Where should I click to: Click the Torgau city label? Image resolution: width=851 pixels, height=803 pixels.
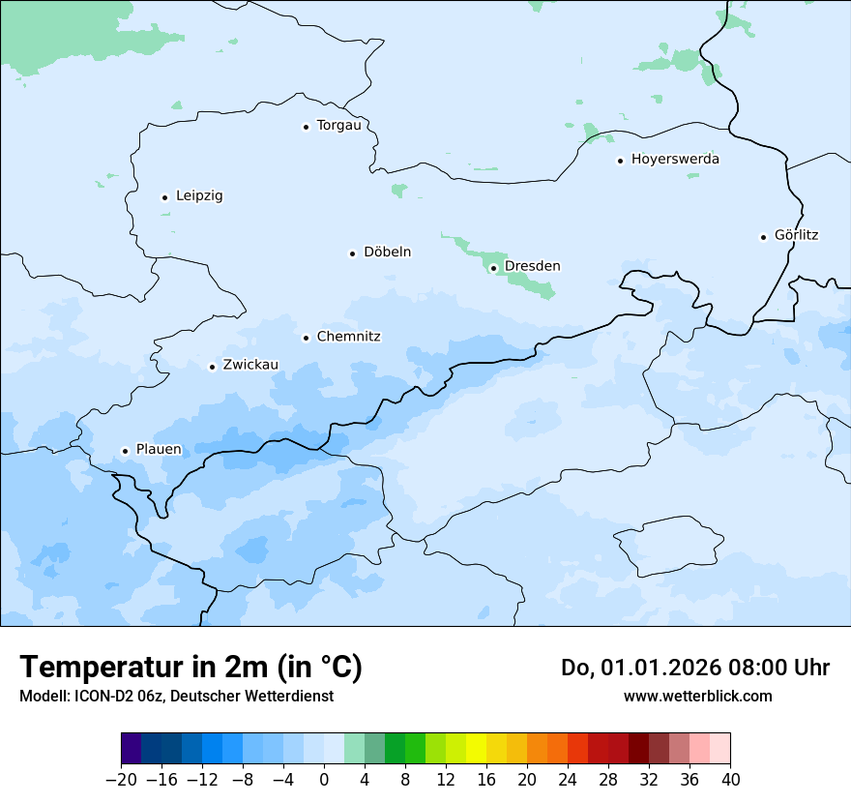click(x=338, y=125)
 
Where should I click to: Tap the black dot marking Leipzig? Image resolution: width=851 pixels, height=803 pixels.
click(x=164, y=197)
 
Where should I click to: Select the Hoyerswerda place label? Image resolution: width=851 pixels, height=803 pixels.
click(x=675, y=159)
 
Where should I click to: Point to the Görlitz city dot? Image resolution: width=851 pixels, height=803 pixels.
click(x=763, y=236)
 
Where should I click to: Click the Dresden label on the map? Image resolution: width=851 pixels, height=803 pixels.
click(x=532, y=266)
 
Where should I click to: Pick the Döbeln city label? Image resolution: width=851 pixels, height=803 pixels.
click(x=387, y=252)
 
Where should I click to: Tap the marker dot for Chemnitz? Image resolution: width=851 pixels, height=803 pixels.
click(x=306, y=338)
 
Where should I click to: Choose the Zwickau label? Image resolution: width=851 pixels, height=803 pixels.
click(x=250, y=365)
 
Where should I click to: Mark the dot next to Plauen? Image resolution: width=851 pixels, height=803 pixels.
click(x=125, y=451)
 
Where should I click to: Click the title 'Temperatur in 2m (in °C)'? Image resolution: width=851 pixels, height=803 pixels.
click(x=191, y=668)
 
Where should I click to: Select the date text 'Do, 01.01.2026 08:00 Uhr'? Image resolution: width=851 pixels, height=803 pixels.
click(x=695, y=668)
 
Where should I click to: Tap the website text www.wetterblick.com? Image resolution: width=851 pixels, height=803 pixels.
click(x=697, y=696)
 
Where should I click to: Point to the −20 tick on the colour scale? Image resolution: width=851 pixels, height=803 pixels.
click(x=121, y=780)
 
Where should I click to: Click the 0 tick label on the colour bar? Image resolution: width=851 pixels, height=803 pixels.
click(x=324, y=780)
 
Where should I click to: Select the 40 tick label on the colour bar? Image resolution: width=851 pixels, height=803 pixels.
click(x=730, y=780)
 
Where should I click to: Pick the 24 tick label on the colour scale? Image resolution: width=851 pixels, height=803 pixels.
click(x=568, y=780)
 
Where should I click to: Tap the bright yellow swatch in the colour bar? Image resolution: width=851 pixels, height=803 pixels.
click(x=476, y=749)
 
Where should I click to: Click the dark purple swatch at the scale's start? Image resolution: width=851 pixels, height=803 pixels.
click(x=131, y=749)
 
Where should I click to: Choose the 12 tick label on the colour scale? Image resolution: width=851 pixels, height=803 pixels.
click(x=446, y=780)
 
